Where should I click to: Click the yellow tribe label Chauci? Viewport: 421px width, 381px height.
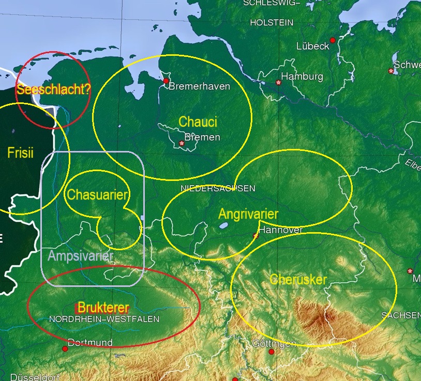198,122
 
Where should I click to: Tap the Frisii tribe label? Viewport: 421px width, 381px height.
21,153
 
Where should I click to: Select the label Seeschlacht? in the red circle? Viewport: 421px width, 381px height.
53,89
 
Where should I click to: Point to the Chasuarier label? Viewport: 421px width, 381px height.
98,195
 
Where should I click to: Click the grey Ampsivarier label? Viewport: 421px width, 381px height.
80,256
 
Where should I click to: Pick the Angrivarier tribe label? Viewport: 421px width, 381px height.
248,214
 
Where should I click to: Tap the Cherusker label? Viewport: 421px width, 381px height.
298,280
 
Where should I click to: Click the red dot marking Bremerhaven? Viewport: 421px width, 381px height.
166,81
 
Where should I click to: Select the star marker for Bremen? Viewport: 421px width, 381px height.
181,143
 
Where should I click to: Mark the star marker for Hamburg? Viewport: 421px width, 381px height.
279,82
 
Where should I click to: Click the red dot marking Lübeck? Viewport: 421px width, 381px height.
333,40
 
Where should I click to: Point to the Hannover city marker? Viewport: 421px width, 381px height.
255,236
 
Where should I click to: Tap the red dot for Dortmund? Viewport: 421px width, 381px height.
65,349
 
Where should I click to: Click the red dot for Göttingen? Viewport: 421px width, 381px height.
272,352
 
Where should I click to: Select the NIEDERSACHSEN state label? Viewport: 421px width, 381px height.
218,188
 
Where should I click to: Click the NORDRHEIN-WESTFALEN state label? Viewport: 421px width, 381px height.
104,319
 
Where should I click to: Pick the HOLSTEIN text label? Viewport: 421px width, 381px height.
272,23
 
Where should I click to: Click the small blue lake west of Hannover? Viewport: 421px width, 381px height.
223,226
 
